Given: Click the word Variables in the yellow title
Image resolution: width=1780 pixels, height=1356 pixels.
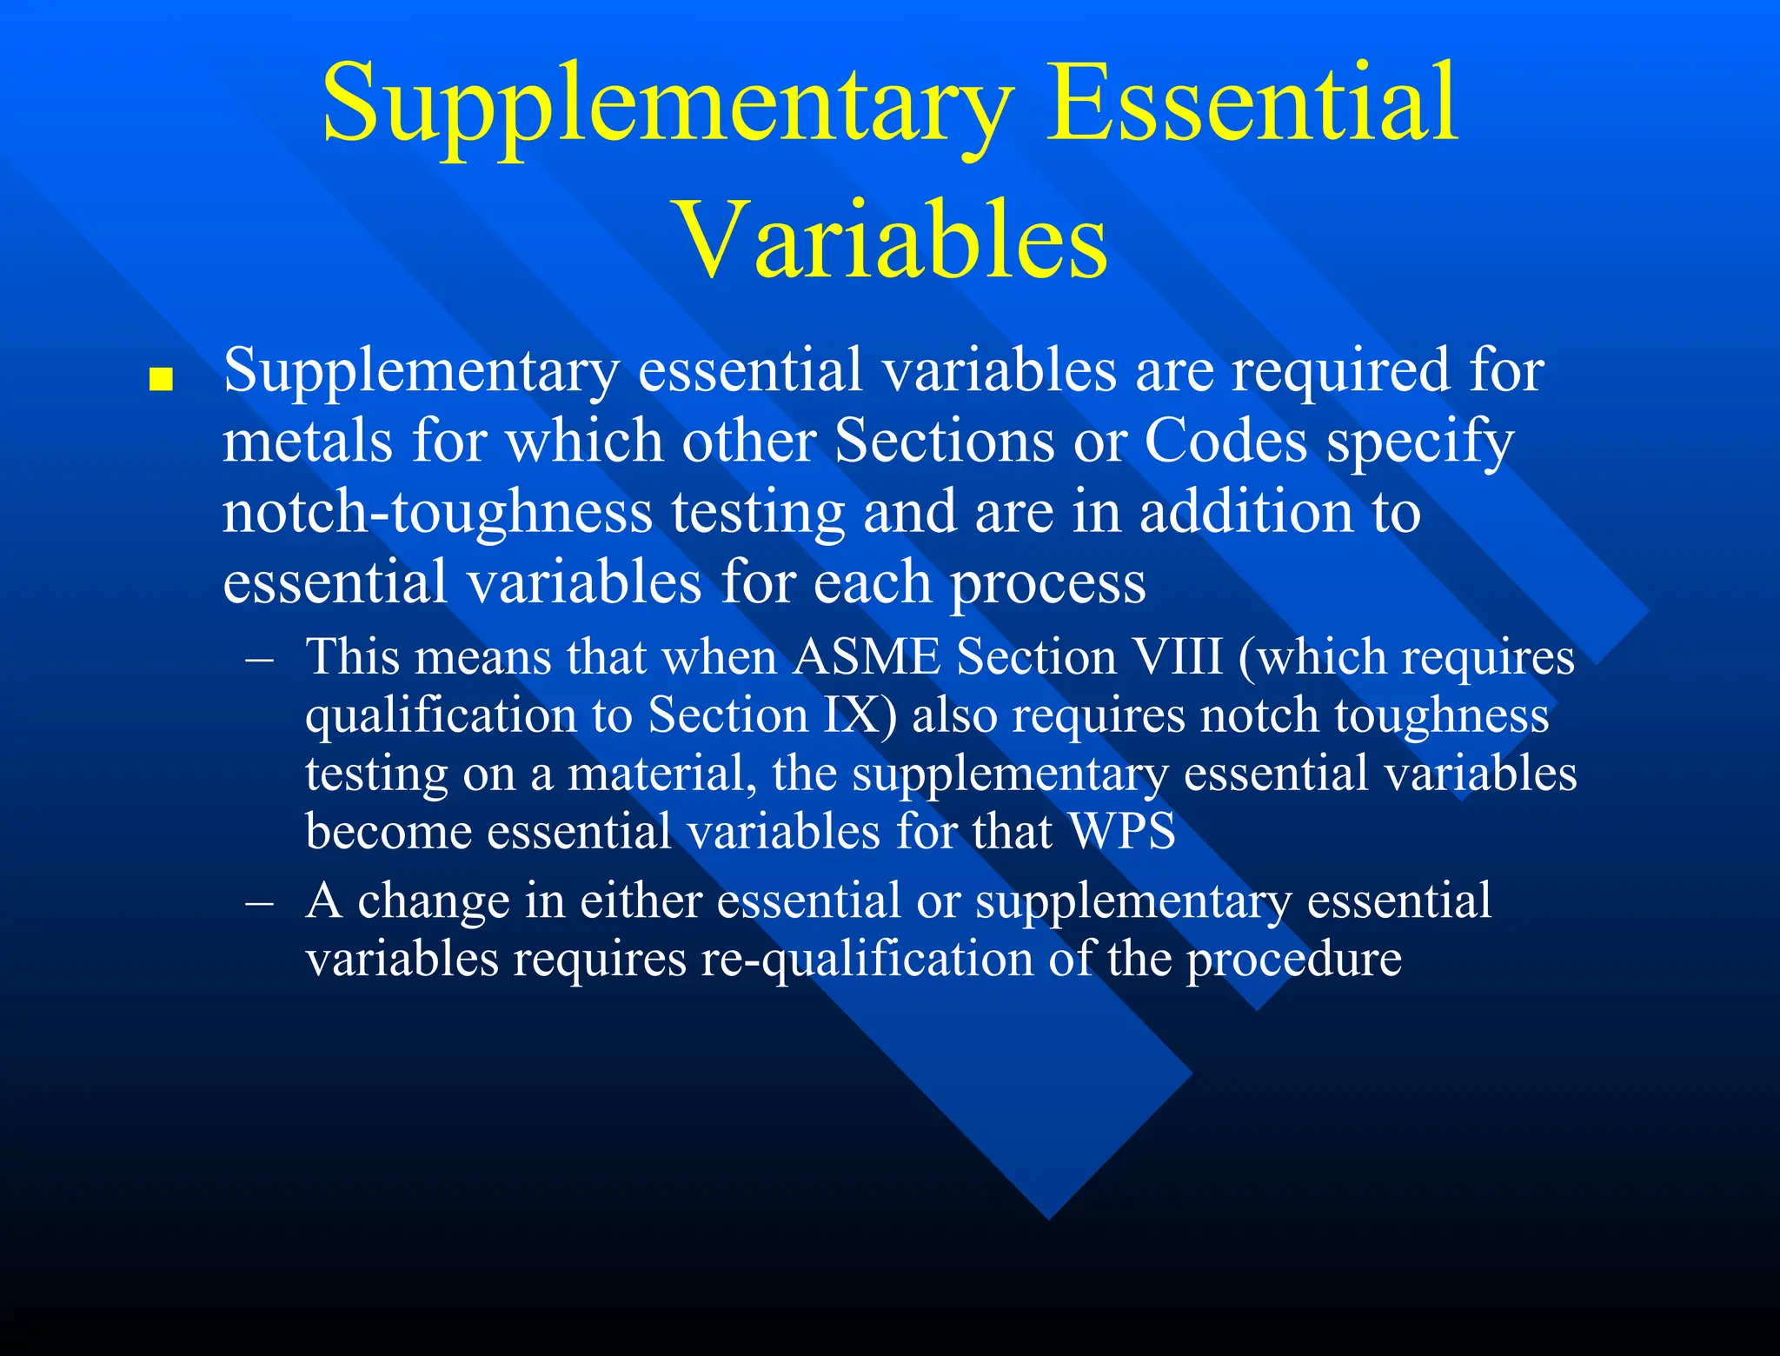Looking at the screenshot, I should click(891, 239).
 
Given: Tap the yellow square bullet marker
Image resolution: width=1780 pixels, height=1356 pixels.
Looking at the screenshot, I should click(161, 380).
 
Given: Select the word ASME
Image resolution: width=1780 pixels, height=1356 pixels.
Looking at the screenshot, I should click(866, 656).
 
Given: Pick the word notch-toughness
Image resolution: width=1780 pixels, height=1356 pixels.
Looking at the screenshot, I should click(437, 512).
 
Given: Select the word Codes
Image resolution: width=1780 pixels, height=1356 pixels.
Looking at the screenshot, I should click(1225, 441).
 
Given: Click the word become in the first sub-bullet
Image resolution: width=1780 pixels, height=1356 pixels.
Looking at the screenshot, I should click(388, 831).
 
